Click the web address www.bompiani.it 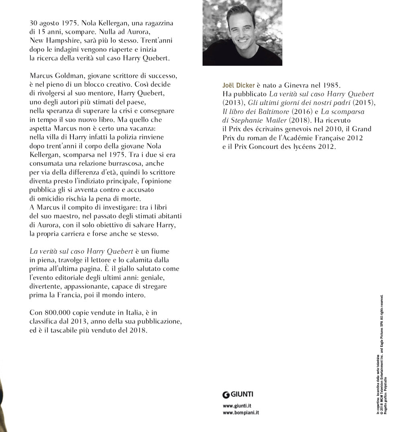[241, 413]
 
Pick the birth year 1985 [331, 86]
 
